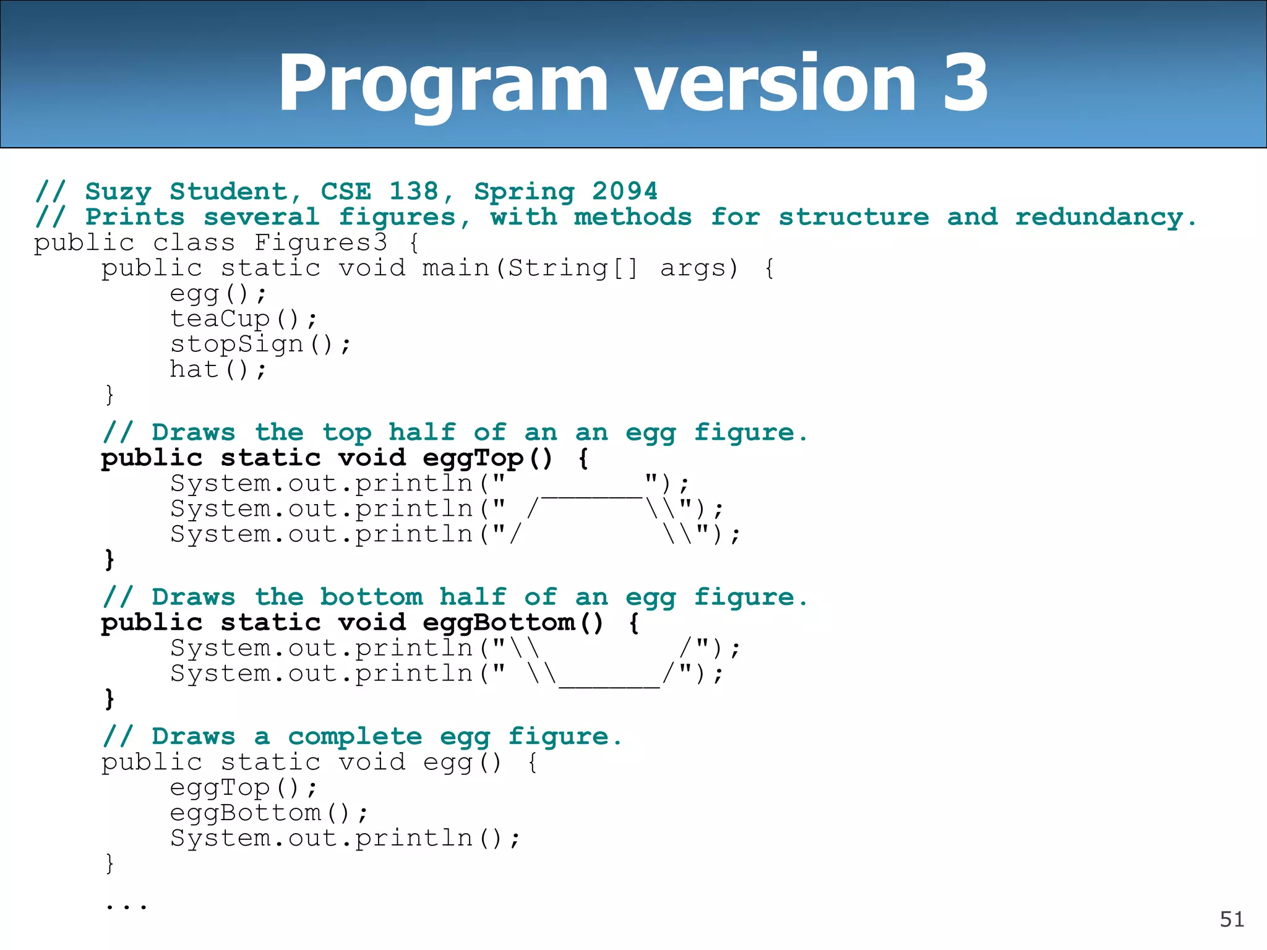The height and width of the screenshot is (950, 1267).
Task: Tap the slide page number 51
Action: click(1232, 920)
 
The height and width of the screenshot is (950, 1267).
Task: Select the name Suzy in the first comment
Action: click(118, 192)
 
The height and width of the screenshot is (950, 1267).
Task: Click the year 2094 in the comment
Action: click(624, 191)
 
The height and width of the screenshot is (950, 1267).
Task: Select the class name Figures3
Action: click(321, 242)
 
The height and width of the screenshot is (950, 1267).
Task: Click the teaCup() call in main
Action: click(243, 319)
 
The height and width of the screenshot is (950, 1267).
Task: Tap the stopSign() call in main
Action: click(260, 344)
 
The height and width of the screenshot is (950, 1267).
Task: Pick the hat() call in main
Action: click(218, 370)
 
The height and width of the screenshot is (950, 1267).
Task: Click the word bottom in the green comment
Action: click(371, 597)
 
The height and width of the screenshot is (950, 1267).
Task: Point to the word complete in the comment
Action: click(354, 737)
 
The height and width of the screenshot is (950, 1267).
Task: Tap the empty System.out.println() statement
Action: click(345, 839)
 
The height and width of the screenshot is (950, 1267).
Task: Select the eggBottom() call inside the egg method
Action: click(268, 813)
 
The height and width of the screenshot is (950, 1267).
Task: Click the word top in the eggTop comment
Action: click(346, 433)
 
